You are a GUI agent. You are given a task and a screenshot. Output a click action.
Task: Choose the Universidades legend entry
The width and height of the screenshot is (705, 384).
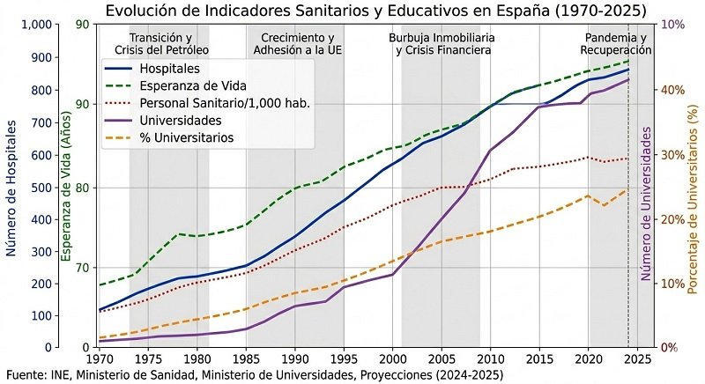coord(181,120)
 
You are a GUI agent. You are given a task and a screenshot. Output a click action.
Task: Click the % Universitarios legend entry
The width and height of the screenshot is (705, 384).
coord(187,137)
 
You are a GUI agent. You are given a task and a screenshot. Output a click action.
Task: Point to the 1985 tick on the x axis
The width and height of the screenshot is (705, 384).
coord(246,359)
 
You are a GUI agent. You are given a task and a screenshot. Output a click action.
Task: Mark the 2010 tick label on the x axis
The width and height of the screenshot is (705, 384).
coord(490,359)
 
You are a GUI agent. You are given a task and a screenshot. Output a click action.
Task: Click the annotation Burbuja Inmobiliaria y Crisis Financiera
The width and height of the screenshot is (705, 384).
coord(442,45)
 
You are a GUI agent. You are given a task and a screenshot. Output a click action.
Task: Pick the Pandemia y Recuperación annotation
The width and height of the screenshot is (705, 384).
coord(616,45)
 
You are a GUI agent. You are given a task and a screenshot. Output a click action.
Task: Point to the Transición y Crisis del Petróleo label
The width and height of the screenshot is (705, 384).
coord(160,45)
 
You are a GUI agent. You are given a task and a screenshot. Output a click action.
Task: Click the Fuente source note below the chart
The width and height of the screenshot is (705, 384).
coord(254,375)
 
